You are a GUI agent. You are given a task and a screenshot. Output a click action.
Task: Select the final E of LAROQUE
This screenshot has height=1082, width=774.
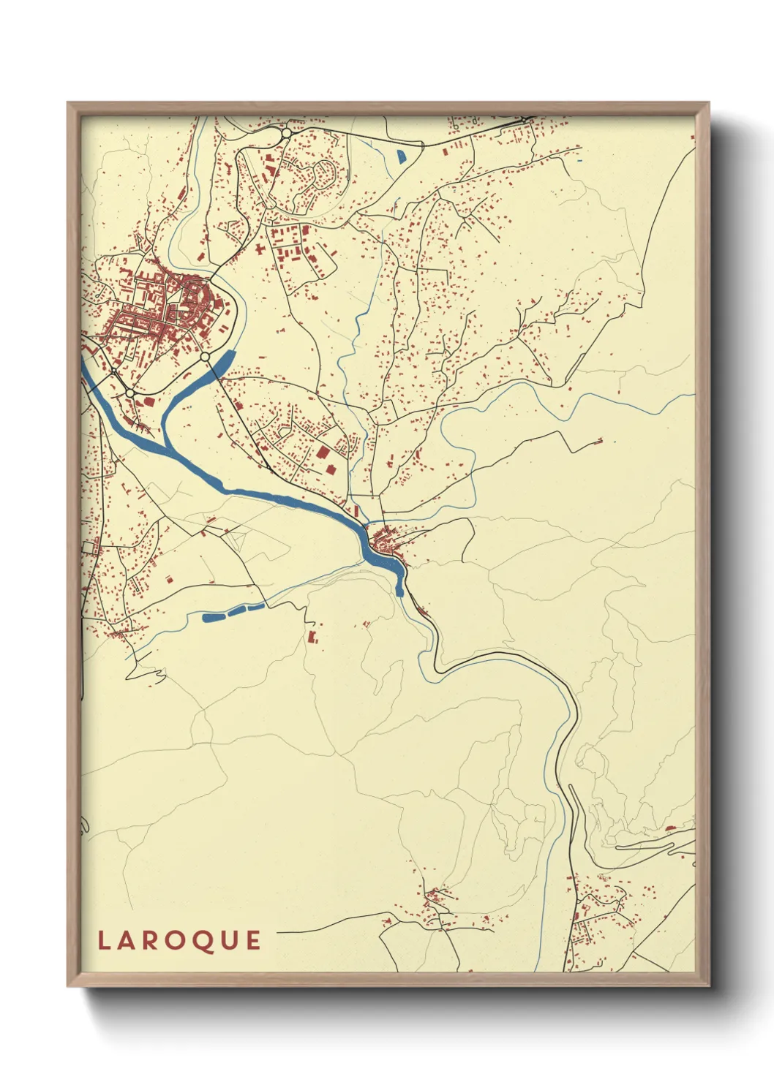[253, 941]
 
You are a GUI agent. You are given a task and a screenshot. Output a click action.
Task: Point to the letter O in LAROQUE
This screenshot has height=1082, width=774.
[176, 941]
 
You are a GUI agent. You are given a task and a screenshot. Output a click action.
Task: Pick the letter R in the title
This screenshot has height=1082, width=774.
[151, 941]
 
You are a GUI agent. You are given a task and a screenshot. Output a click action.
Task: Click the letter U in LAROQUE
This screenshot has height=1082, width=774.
[228, 941]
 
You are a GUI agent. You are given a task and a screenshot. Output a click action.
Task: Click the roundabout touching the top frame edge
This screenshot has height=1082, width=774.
[286, 133]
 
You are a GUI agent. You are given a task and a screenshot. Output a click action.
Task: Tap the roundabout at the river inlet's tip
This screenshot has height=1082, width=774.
[205, 357]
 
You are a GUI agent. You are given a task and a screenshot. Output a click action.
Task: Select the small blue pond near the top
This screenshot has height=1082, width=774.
[401, 156]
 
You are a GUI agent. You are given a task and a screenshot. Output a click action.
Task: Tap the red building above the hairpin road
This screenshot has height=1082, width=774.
[669, 828]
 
